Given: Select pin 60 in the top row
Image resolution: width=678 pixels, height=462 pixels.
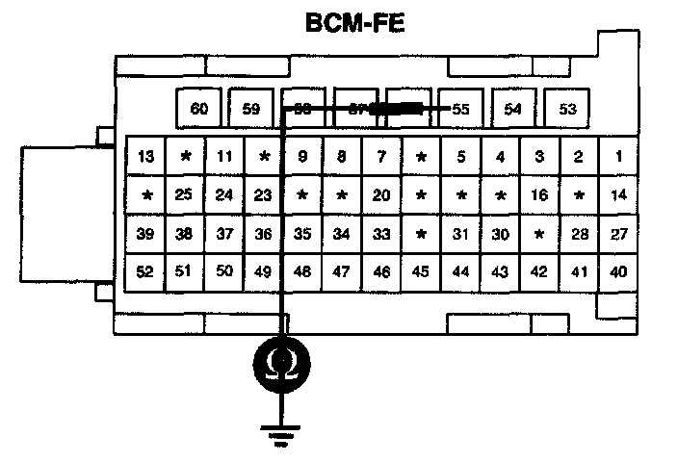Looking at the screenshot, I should pyautogui.click(x=198, y=109).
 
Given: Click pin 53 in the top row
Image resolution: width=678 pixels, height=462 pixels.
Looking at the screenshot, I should pyautogui.click(x=566, y=109).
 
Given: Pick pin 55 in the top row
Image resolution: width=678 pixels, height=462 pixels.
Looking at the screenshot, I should pyautogui.click(x=460, y=109).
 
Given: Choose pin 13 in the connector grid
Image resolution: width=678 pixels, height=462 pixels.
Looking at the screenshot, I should pyautogui.click(x=146, y=156).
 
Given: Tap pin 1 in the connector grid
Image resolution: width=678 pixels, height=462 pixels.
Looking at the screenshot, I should pyautogui.click(x=618, y=156).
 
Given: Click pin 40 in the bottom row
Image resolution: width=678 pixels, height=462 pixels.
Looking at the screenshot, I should pyautogui.click(x=618, y=272).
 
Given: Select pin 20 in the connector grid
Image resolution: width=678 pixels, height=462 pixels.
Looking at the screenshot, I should pyautogui.click(x=381, y=194).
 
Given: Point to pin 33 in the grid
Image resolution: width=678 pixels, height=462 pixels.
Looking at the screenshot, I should pyautogui.click(x=381, y=234).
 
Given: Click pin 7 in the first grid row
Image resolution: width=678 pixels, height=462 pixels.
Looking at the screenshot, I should pyautogui.click(x=381, y=156).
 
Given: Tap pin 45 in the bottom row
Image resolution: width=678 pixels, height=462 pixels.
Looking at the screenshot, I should pyautogui.click(x=421, y=272).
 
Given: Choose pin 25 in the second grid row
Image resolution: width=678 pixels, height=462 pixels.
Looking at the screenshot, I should pyautogui.click(x=185, y=194).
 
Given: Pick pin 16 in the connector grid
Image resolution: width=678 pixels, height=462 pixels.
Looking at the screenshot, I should pyautogui.click(x=539, y=194).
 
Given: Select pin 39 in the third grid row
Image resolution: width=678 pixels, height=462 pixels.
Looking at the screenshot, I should pyautogui.click(x=146, y=234).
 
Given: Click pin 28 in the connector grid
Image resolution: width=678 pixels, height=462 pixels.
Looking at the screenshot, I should pyautogui.click(x=579, y=234).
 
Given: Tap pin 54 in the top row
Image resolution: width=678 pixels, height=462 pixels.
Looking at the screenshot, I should pyautogui.click(x=513, y=109).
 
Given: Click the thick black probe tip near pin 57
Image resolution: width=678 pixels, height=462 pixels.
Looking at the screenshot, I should pyautogui.click(x=397, y=110).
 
